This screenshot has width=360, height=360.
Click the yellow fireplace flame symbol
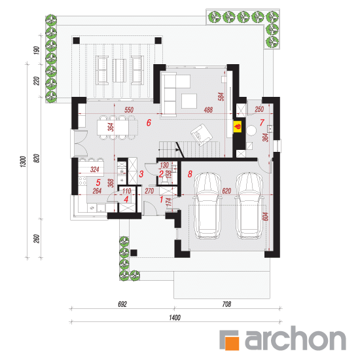tap(238, 126)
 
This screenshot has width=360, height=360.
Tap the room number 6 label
tap(149, 123)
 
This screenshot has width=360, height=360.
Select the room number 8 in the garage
tap(190, 174)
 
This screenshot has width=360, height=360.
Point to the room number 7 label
tap(262, 122)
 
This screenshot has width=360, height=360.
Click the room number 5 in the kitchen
tap(98, 183)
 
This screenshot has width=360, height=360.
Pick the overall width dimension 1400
tap(175, 317)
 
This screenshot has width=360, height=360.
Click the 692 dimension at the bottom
tap(122, 304)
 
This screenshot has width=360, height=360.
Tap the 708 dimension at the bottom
tap(226, 304)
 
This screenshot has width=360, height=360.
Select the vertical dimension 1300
tap(23, 162)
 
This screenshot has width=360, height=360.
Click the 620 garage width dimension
tap(226, 190)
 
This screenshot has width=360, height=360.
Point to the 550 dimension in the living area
tap(129, 110)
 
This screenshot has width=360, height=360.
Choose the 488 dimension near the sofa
tap(208, 110)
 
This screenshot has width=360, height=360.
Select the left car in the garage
tap(207, 206)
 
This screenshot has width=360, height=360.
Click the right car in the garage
tap(249, 206)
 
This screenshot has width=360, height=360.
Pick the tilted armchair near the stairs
tap(202, 135)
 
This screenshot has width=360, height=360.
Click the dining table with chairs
tap(117, 128)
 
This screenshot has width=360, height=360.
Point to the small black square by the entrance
tap(134, 253)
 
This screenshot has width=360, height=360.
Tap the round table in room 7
tap(251, 130)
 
